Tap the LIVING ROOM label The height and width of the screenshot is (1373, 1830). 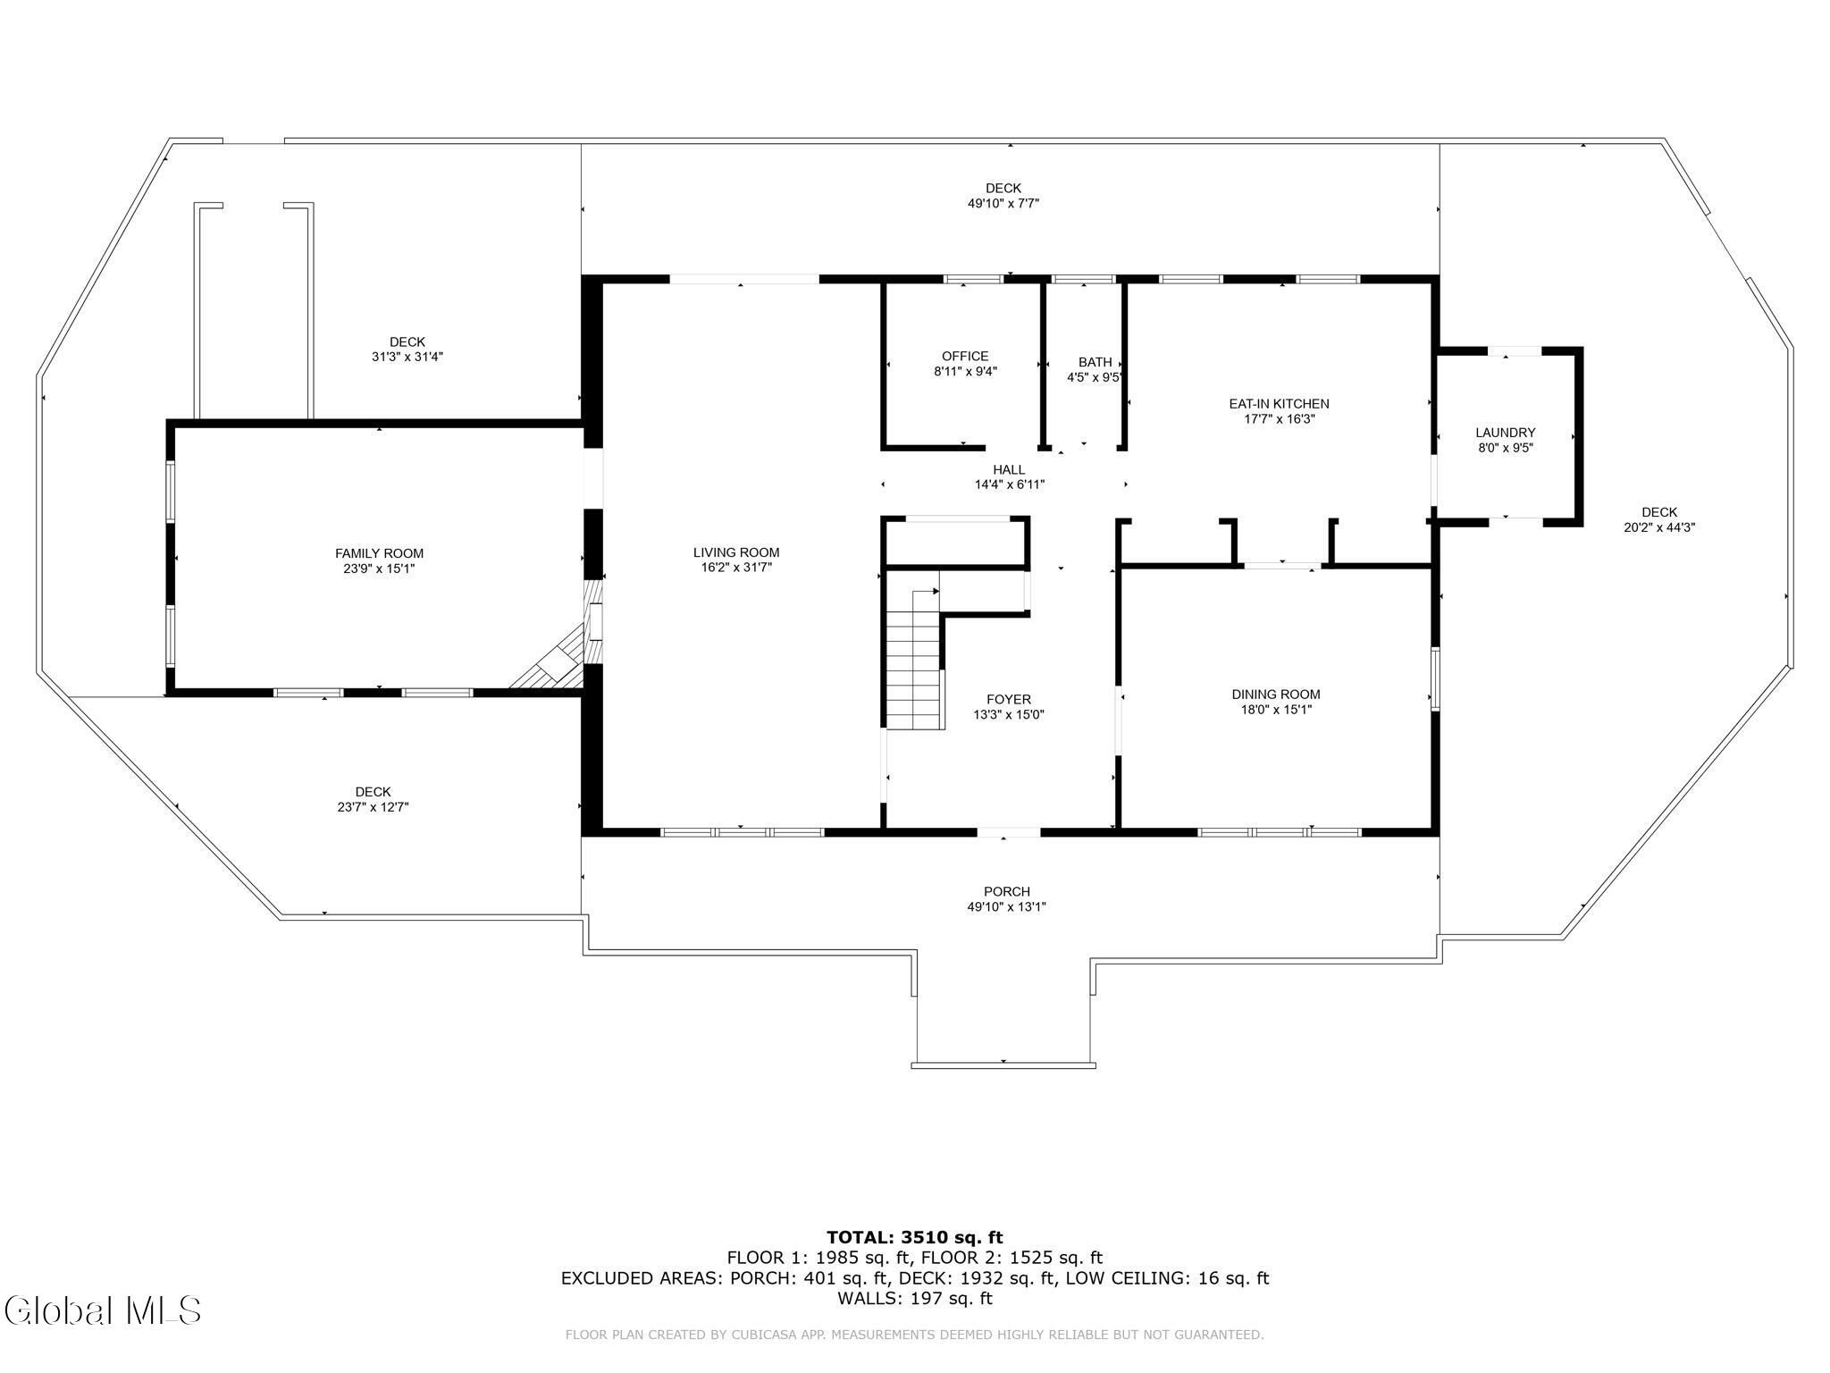(736, 552)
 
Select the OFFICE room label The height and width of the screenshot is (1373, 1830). (965, 356)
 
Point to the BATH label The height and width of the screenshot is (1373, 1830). (1095, 362)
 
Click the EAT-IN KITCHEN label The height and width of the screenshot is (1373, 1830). (1279, 404)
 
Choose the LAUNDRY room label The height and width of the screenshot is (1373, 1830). (1505, 433)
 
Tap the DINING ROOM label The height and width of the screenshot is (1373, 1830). (1275, 695)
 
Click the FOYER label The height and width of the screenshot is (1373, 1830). (1009, 699)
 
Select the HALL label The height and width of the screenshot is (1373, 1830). (1009, 469)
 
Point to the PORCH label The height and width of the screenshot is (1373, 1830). (1007, 891)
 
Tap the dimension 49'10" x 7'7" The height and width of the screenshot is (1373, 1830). (1003, 203)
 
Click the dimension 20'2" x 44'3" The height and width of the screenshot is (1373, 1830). (1659, 527)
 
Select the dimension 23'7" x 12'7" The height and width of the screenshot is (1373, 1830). (373, 807)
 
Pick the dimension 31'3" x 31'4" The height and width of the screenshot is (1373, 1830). (407, 357)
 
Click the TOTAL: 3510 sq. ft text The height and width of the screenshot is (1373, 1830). (915, 1237)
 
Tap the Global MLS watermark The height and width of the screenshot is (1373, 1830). (102, 1310)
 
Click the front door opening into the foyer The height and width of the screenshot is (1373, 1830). (1009, 832)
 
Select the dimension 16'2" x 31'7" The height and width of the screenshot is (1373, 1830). (736, 567)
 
